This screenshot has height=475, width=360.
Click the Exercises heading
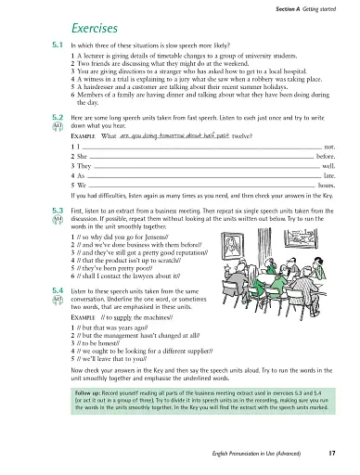pyautogui.click(x=91, y=27)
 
